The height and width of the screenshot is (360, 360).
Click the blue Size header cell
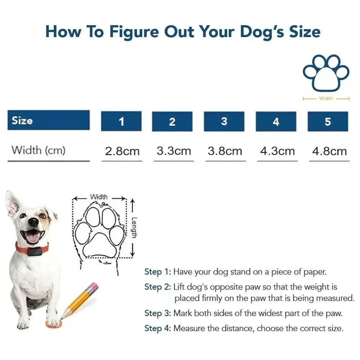point(49,120)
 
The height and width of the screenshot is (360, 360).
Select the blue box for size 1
point(121,121)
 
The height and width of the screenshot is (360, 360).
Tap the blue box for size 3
point(224,121)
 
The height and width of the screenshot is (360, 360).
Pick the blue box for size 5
point(328,121)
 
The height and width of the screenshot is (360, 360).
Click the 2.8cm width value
point(122,151)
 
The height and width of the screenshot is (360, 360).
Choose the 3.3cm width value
point(174,151)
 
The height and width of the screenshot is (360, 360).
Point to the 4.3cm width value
point(277,151)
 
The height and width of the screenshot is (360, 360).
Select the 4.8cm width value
point(329,151)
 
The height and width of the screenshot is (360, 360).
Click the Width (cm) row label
point(39,150)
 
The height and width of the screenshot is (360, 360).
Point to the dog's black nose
point(33,222)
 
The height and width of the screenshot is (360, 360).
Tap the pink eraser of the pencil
point(93,287)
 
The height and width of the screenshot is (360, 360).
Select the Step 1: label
point(157,272)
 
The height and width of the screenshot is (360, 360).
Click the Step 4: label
point(157,328)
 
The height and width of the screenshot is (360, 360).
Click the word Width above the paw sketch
point(99,197)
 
